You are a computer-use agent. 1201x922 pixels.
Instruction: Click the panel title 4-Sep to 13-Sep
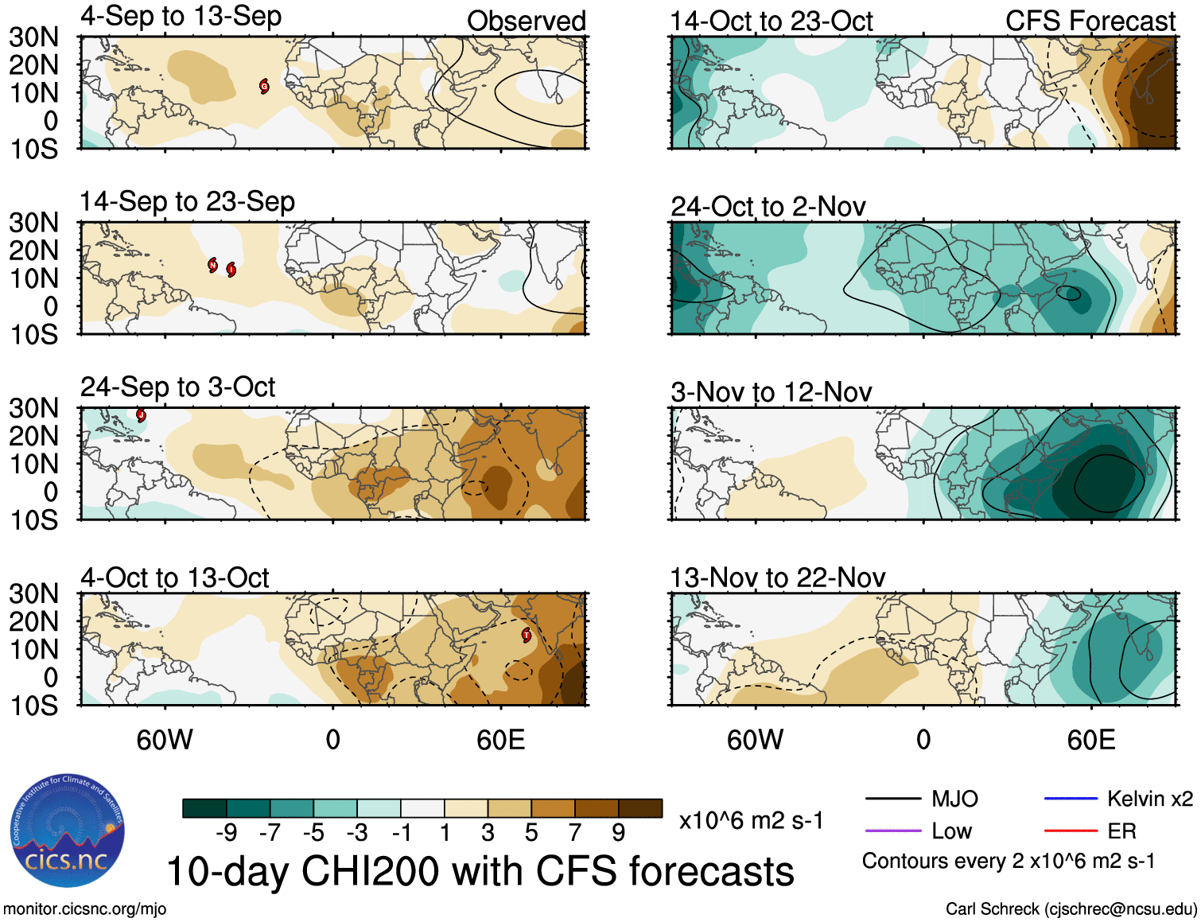click(x=181, y=17)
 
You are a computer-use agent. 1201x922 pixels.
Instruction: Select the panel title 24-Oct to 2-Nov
click(x=768, y=207)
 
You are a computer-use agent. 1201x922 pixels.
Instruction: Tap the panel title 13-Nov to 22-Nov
click(x=777, y=578)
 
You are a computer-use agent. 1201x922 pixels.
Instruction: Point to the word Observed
click(x=526, y=21)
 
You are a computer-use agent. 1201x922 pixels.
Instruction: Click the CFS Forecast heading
click(x=1090, y=21)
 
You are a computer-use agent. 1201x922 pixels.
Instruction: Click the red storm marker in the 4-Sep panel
click(x=264, y=87)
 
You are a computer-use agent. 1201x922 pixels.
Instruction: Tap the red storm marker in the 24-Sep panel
click(x=141, y=415)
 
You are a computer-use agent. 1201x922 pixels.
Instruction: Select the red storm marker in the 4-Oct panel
click(x=526, y=635)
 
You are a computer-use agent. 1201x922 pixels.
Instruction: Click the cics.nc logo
click(x=68, y=831)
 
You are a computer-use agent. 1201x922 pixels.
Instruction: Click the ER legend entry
click(x=1121, y=831)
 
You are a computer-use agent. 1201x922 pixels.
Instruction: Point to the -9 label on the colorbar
click(x=226, y=833)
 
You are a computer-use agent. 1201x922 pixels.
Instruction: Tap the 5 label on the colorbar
click(x=531, y=833)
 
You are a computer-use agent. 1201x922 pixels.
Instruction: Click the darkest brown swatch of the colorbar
click(x=640, y=808)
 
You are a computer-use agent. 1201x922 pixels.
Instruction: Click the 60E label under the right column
click(x=1090, y=741)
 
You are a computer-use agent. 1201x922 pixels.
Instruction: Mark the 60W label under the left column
click(x=165, y=741)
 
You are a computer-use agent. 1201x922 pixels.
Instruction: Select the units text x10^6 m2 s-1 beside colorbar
click(x=751, y=821)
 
